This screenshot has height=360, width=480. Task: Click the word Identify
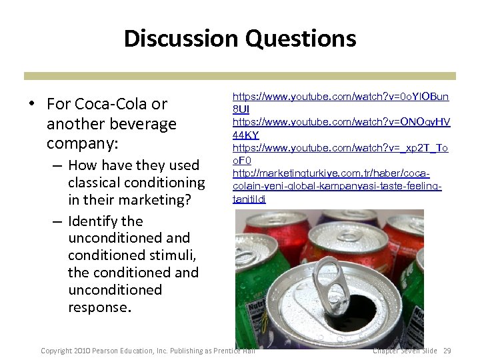click(95, 221)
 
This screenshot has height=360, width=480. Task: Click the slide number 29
click(447, 351)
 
